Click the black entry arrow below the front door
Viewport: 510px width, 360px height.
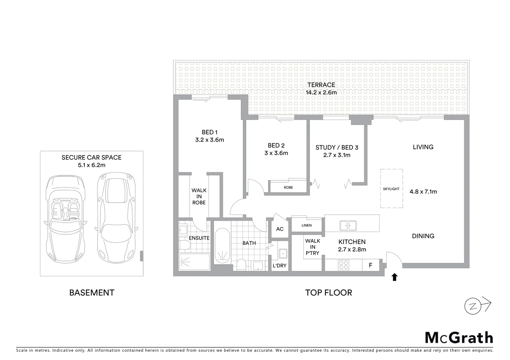click(395, 277)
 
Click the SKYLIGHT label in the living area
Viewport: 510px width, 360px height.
click(391, 189)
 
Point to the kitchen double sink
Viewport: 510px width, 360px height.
click(348, 226)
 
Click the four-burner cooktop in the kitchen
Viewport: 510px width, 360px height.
click(344, 265)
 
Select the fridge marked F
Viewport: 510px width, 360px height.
click(370, 266)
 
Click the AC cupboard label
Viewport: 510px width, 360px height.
click(280, 229)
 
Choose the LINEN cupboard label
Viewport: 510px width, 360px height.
click(307, 225)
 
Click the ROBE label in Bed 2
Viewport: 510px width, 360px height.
click(288, 187)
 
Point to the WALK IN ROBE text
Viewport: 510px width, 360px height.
click(199, 196)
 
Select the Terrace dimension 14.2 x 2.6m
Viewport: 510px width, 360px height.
click(321, 92)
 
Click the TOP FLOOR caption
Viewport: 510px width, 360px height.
click(329, 293)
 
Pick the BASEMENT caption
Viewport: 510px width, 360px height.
click(92, 293)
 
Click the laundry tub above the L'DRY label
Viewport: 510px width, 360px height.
click(283, 253)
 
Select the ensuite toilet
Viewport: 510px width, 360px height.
click(184, 246)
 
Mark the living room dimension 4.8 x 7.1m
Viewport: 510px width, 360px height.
click(423, 192)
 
